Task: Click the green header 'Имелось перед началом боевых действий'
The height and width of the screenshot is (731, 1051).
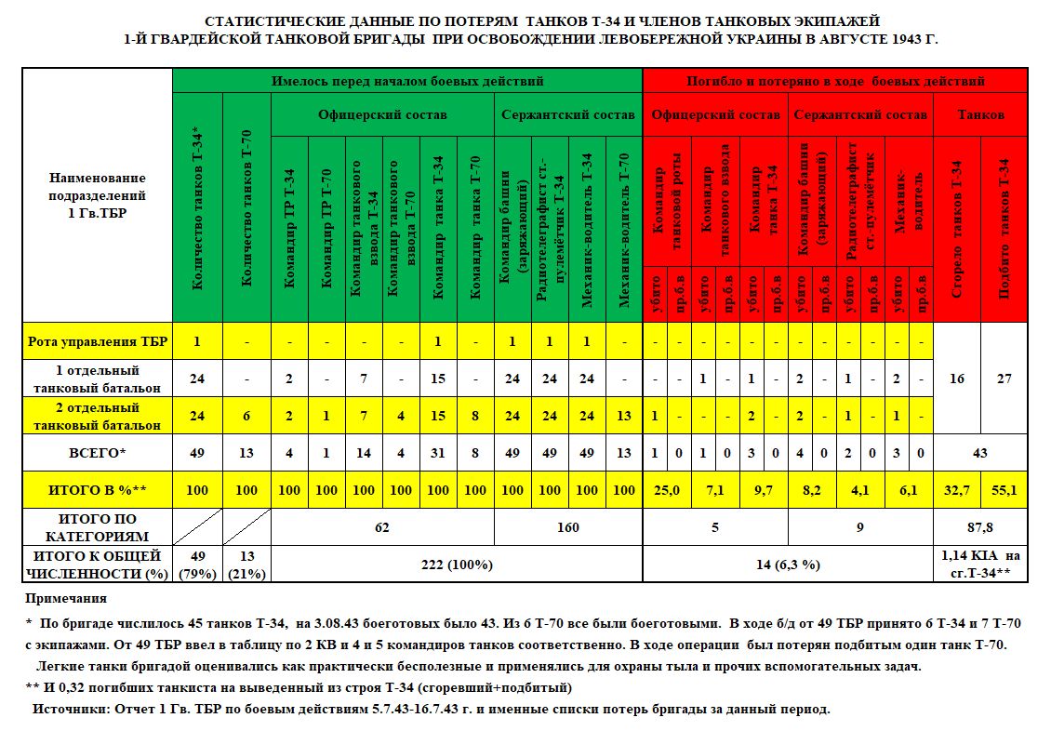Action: pyautogui.click(x=407, y=81)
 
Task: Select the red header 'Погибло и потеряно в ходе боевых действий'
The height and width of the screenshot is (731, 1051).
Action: pyautogui.click(x=835, y=81)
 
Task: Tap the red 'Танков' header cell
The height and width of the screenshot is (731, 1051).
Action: pyautogui.click(x=980, y=115)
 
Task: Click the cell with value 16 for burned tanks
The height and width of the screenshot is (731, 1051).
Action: pyautogui.click(x=956, y=379)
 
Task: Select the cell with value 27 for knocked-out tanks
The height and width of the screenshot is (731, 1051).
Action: pyautogui.click(x=1004, y=379)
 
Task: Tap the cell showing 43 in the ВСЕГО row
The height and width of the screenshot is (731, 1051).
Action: pyautogui.click(x=980, y=454)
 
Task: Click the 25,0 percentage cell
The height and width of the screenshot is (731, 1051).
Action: pyautogui.click(x=667, y=490)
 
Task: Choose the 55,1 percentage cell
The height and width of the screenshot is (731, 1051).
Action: pyautogui.click(x=1004, y=490)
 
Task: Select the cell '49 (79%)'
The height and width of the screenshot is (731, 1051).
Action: pyautogui.click(x=196, y=565)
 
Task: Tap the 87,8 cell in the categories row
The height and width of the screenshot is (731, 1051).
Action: pyautogui.click(x=980, y=527)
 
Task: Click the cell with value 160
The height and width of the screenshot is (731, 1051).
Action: pyautogui.click(x=568, y=527)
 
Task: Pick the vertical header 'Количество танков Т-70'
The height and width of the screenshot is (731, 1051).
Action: pyautogui.click(x=246, y=220)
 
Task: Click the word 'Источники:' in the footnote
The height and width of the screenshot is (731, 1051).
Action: pyautogui.click(x=67, y=709)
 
